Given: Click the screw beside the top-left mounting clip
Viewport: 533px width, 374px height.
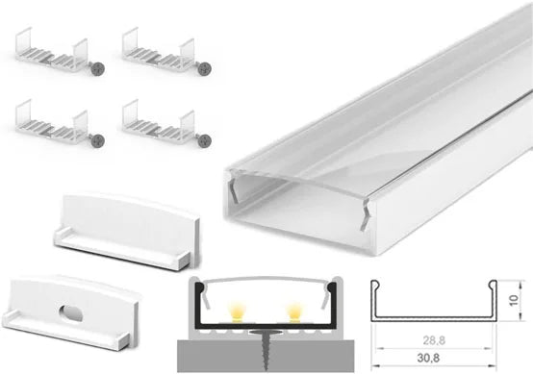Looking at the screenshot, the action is pos(97,69).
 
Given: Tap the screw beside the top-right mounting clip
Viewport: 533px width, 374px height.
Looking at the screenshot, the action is pos(204,69).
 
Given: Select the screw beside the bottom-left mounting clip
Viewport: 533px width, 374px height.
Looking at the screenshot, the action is pos(97,140).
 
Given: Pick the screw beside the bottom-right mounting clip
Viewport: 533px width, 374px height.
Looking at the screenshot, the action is pos(204,140).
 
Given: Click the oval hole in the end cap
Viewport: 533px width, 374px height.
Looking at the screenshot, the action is pos(70,312).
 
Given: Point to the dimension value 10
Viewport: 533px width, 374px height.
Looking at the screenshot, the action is pos(514,300).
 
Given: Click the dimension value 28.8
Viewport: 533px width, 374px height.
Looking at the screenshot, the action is pos(434,340).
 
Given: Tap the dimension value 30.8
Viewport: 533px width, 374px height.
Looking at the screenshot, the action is pos(428,358).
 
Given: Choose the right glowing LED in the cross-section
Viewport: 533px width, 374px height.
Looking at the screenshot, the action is pos(293,312).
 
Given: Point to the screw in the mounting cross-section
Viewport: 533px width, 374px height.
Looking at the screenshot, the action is pos(266,348).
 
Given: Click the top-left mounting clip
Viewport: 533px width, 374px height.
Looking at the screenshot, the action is pos(51,51).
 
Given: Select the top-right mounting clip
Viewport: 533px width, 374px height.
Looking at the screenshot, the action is pos(159,51).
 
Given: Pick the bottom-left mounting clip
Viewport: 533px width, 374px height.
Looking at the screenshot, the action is pos(51,122).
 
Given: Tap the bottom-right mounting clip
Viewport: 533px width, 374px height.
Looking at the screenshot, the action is pos(159,122).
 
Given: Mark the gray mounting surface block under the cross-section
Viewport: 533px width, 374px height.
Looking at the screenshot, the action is pos(266,356).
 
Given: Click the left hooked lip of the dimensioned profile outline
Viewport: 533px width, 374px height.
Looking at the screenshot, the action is pos(374,288).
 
